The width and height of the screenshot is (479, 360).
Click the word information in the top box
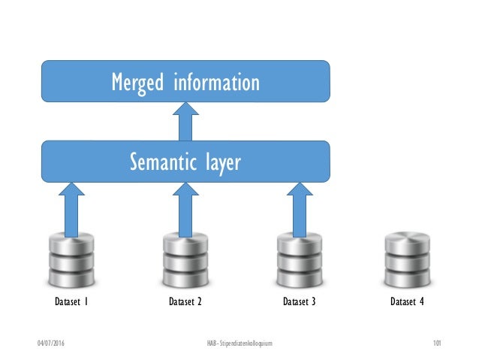(x=216, y=81)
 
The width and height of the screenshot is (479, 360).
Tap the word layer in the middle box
(x=221, y=162)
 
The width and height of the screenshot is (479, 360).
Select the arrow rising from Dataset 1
(x=72, y=210)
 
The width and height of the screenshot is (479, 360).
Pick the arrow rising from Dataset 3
(x=298, y=210)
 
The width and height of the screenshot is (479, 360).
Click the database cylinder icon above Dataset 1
(x=71, y=260)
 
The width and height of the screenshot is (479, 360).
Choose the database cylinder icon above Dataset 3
(x=299, y=260)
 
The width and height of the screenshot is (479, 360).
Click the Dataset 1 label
(x=71, y=304)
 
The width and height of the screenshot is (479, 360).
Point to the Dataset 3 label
(x=300, y=304)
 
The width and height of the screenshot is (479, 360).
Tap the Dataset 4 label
(x=407, y=304)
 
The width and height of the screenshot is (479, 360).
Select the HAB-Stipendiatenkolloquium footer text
(x=239, y=343)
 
